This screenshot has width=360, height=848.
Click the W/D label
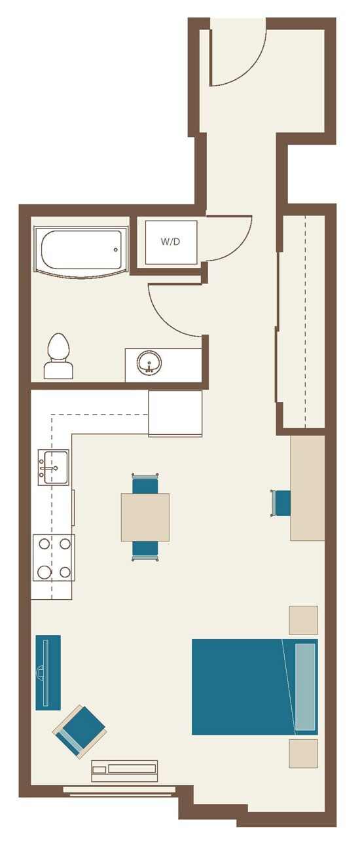point(170,242)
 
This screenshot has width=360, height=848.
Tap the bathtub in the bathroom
point(81,252)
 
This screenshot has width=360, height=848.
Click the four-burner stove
point(54,557)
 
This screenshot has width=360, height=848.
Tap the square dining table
point(145,517)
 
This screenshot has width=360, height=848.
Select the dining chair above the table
point(145,483)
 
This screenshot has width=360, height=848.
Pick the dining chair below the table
point(145,551)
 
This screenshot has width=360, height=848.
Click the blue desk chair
point(281,503)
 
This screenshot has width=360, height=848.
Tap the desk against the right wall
point(308,488)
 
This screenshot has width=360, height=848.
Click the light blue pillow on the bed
point(305,687)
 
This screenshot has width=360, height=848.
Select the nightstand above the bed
point(304,620)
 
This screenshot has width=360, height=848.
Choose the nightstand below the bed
point(304,754)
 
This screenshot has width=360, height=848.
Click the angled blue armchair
point(80,731)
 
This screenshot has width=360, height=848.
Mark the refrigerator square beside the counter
point(175,413)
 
